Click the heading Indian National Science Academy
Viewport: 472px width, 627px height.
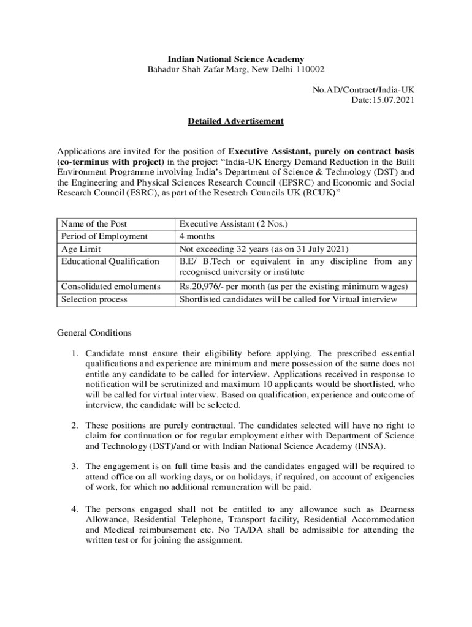pyautogui.click(x=236, y=59)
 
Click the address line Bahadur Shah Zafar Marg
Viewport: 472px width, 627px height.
pyautogui.click(x=236, y=70)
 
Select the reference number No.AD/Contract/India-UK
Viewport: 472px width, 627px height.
pyautogui.click(x=364, y=90)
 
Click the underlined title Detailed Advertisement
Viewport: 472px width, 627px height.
pyautogui.click(x=235, y=121)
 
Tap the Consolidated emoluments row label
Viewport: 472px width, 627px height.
pyautogui.click(x=111, y=287)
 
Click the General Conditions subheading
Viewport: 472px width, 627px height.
pyautogui.click(x=94, y=333)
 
